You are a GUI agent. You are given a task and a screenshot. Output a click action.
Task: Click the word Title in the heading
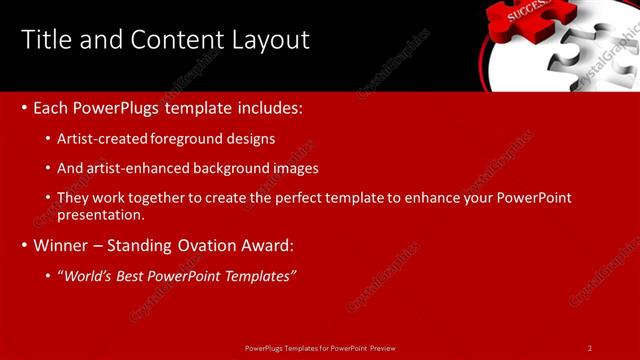click(x=46, y=40)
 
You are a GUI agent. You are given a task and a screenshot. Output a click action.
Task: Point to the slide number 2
click(x=590, y=347)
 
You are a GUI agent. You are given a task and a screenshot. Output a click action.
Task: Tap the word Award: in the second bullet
click(x=265, y=245)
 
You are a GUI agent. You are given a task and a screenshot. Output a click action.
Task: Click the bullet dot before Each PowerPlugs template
click(x=24, y=107)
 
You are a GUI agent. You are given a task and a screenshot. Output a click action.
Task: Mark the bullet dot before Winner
click(x=24, y=245)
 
